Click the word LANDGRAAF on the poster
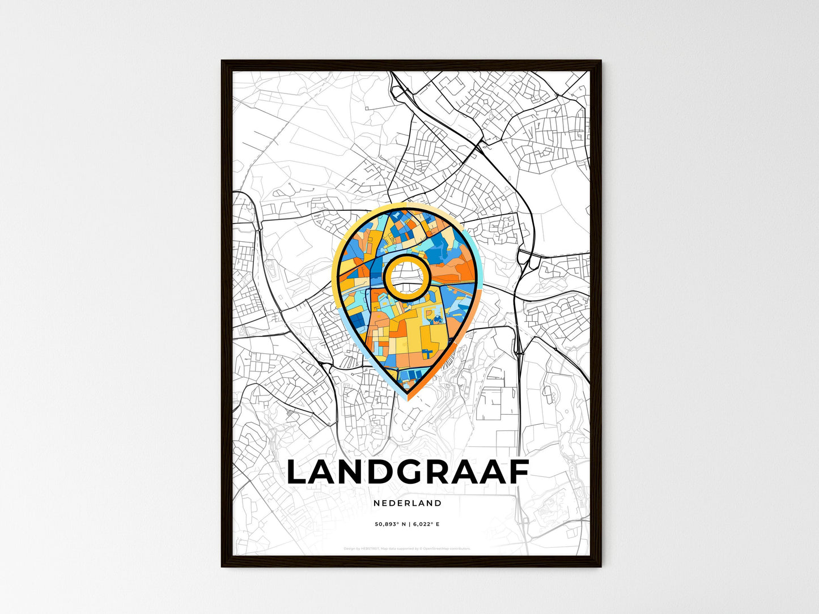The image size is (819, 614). [x=408, y=472]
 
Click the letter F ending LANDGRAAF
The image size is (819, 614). [x=519, y=472]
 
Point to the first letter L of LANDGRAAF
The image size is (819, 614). [x=298, y=472]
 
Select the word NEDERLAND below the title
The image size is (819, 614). [x=408, y=503]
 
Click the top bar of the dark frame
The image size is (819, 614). [x=411, y=63]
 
